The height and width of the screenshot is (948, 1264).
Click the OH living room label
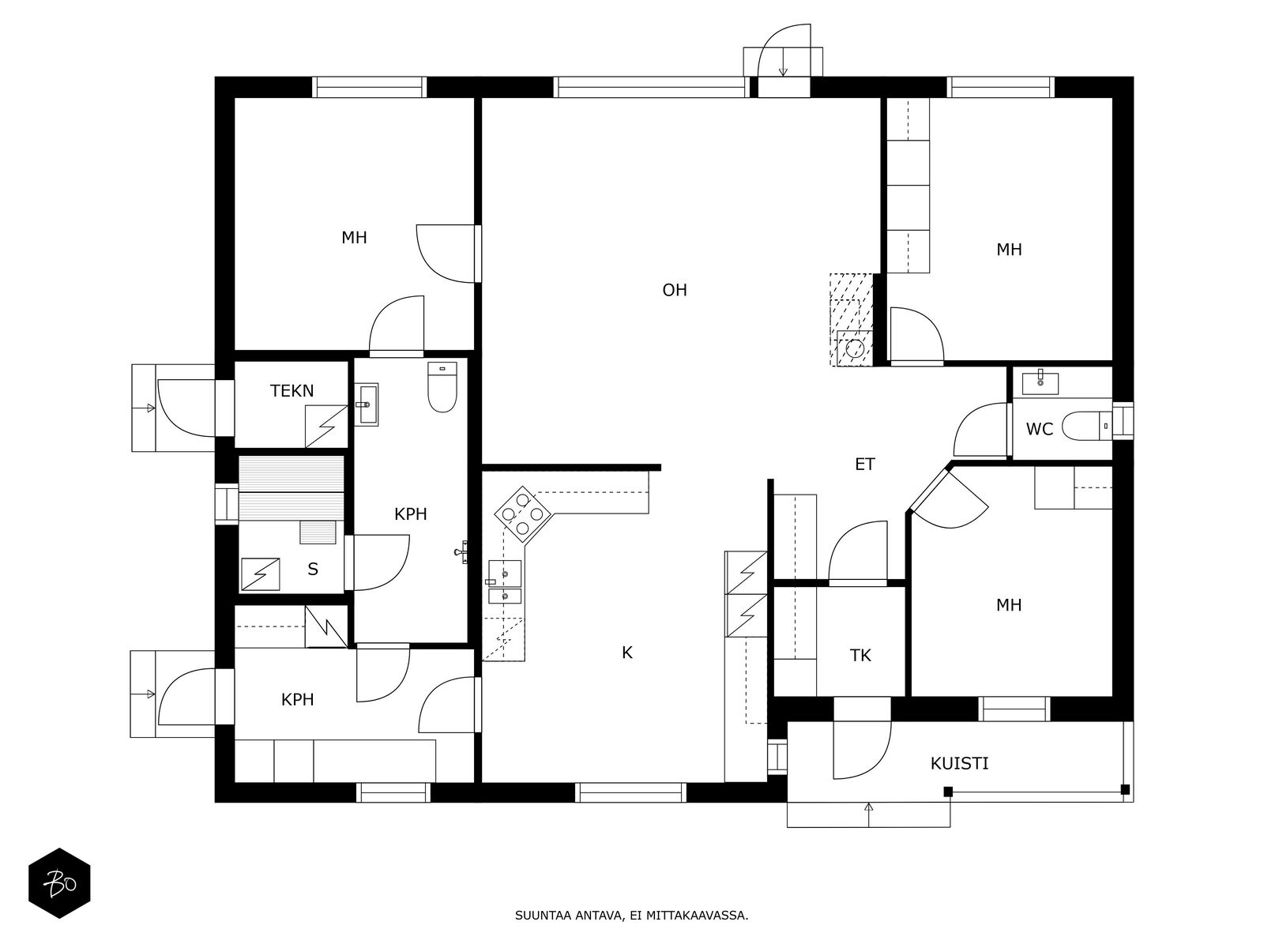[x=675, y=290]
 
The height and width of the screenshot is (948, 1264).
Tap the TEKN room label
[x=292, y=391]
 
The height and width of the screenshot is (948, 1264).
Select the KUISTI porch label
[x=959, y=764]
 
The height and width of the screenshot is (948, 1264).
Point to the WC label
[x=1040, y=430]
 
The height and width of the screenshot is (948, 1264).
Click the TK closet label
[x=860, y=656]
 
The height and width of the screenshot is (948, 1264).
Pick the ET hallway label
[x=865, y=465]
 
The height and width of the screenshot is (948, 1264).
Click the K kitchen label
[x=627, y=653]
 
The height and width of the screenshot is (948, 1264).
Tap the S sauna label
[x=313, y=570]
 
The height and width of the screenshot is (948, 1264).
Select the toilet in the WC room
[x=1086, y=426]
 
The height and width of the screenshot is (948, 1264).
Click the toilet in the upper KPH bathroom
[x=442, y=387]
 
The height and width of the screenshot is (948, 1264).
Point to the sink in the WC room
[x=1040, y=384]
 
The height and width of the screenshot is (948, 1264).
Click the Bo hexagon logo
[x=60, y=883]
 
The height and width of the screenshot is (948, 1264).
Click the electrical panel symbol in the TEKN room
[x=326, y=427]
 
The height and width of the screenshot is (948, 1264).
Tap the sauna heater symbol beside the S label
[x=260, y=574]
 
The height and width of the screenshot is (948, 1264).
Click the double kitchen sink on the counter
[x=505, y=582]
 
